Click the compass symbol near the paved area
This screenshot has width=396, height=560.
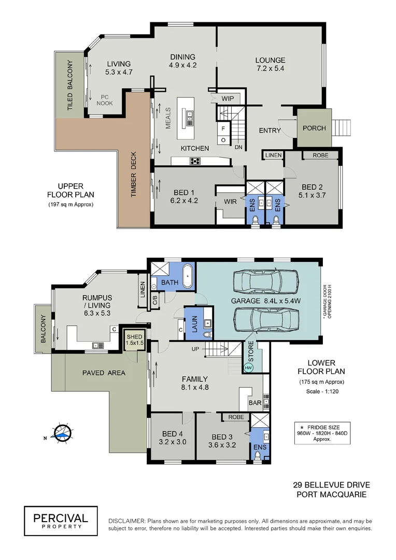click(x=63, y=432)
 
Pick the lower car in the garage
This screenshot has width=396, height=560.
click(x=267, y=317)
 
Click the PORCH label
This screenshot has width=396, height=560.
click(x=314, y=128)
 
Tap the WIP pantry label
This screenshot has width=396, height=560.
click(x=227, y=99)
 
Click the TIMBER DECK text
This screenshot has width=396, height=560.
click(x=133, y=174)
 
